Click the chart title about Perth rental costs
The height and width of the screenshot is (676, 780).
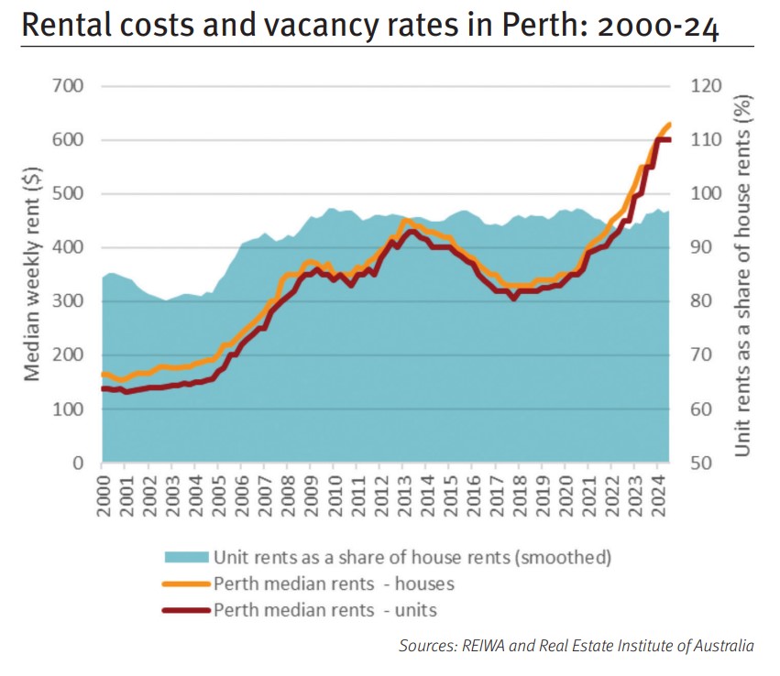369,26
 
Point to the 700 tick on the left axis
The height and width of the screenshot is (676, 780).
67,86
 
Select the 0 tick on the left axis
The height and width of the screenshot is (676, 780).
79,463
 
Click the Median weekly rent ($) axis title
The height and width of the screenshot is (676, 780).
31,275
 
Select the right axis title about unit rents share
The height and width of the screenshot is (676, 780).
743,275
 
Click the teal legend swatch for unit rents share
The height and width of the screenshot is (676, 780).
186,557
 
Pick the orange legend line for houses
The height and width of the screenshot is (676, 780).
186,583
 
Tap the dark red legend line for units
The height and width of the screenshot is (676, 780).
186,610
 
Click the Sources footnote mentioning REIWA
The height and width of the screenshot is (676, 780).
576,646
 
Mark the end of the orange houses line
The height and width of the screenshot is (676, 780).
670,124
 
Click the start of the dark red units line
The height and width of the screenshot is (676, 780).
103,388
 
